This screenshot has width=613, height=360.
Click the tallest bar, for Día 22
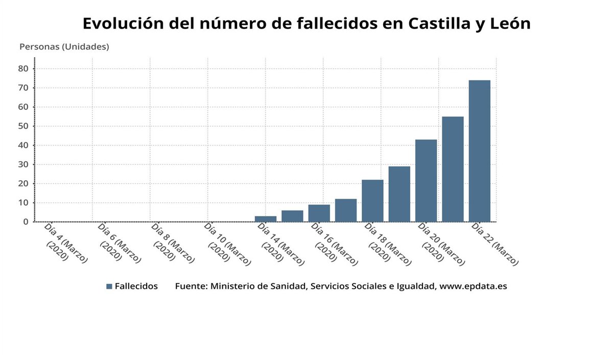479,151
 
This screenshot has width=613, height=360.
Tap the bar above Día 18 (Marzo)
372,201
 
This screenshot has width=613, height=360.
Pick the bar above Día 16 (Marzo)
319,213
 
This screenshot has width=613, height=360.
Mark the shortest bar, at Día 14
266,219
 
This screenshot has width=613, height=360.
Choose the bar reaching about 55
453,169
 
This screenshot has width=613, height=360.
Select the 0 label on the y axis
25,222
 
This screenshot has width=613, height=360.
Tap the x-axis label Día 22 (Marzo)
494,244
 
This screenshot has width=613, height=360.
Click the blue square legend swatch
109,286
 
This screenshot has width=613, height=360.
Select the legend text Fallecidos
136,286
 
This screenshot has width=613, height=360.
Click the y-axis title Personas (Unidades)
64,46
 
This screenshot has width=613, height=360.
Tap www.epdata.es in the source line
473,286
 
